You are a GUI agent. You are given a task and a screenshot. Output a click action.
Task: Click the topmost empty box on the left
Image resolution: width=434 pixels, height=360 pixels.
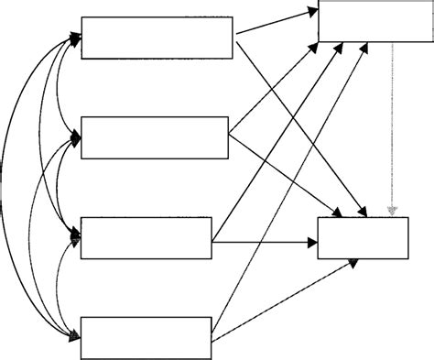click(157, 38)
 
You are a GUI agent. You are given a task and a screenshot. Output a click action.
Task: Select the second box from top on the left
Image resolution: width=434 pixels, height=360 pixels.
click(154, 137)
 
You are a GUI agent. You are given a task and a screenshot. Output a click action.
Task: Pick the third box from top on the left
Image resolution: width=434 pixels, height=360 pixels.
click(146, 238)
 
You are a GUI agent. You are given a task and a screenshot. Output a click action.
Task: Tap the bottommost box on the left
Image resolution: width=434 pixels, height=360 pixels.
click(146, 337)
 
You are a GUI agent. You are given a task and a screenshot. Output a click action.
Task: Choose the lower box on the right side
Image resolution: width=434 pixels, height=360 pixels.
click(363, 238)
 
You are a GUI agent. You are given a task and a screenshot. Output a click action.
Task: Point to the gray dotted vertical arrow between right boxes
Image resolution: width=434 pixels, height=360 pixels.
click(393, 128)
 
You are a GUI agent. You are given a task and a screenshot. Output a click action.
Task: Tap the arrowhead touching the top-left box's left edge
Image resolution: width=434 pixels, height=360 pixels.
click(75, 38)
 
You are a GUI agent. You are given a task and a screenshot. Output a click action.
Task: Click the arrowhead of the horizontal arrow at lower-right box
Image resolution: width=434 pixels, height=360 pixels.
click(311, 243)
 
